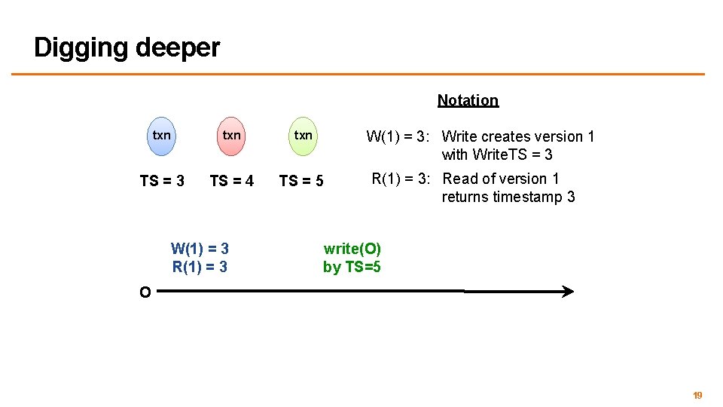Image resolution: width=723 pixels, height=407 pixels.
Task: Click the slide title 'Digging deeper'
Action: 127,47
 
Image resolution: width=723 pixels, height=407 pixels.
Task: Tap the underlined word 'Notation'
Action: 468,100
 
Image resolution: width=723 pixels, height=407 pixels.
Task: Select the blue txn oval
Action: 161,136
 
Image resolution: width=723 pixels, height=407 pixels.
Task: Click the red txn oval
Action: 231,136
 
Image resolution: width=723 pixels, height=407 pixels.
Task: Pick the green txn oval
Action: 303,136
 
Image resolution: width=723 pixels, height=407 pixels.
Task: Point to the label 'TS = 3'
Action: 162,181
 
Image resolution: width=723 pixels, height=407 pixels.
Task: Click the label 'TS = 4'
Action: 231,181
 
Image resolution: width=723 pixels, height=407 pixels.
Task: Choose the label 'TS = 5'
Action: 301,181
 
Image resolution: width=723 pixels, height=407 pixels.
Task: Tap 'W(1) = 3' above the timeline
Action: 200,248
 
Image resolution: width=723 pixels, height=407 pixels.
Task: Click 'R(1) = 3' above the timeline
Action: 200,266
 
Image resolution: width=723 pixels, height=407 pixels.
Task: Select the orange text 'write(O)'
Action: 352,249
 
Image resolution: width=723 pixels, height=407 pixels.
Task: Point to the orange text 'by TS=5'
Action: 352,266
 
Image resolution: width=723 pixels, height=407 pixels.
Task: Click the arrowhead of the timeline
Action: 568,292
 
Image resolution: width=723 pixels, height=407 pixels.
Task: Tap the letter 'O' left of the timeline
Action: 145,292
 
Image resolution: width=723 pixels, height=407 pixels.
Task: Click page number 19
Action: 697,396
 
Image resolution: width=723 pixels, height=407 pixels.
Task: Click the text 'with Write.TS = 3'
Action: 497,155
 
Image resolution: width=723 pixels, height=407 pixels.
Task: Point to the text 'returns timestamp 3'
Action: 508,197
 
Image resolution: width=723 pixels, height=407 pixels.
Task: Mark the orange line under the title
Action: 358,74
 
